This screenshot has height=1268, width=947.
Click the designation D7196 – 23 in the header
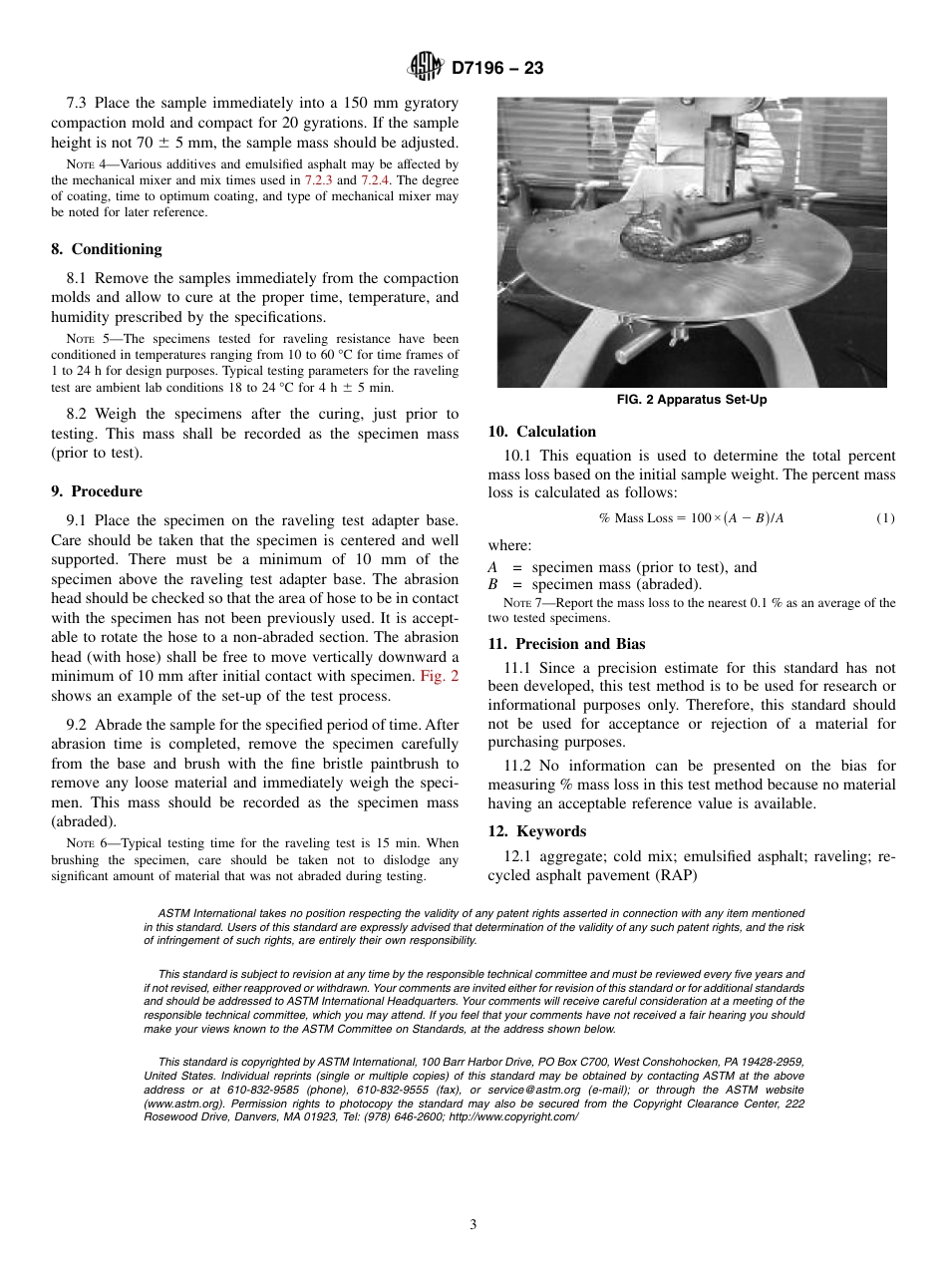[496, 69]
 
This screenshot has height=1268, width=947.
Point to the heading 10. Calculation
[542, 432]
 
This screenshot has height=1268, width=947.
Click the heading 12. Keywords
[537, 831]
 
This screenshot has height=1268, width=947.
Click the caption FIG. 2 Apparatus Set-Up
[692, 400]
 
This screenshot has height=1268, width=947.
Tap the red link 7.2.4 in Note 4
[377, 180]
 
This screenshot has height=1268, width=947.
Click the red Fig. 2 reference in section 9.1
[439, 676]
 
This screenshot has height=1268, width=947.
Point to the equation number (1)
[885, 518]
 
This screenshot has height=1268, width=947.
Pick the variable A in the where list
[492, 567]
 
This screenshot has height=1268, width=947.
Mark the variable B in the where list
[492, 584]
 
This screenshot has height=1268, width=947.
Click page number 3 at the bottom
[473, 1225]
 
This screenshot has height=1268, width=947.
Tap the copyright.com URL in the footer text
[516, 1116]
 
